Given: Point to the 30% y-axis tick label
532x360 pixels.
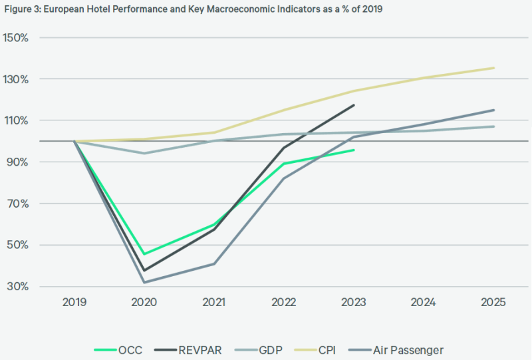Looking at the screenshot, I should [x=17, y=287].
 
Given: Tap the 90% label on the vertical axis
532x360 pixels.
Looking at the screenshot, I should [x=17, y=162].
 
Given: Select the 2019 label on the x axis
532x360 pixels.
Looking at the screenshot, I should [x=74, y=303].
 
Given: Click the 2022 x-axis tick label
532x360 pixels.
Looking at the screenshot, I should [x=284, y=303].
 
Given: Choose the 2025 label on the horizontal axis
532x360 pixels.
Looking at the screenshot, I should [x=493, y=303].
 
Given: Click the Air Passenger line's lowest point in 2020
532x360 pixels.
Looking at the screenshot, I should [x=144, y=283].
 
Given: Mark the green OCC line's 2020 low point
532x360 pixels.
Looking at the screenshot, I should [x=144, y=254].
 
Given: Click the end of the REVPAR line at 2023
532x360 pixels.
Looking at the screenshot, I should [x=354, y=105].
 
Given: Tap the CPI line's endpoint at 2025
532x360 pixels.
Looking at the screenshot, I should [x=493, y=68].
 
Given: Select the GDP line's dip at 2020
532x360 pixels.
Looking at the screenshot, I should [x=144, y=153].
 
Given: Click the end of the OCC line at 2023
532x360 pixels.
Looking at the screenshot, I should [x=354, y=150].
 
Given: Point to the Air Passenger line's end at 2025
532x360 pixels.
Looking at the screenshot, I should [x=493, y=110].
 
